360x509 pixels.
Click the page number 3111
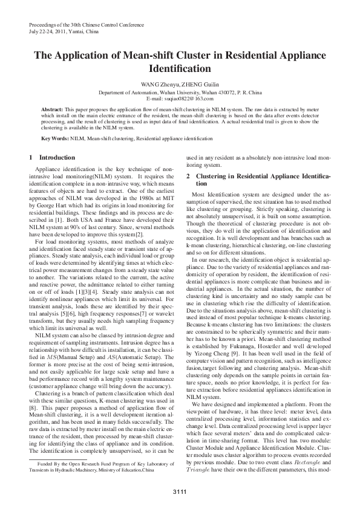[x=180, y=491]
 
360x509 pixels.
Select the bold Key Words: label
[x=55, y=138]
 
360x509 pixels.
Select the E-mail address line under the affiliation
[x=180, y=97]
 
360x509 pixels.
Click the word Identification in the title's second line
[x=180, y=68]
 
